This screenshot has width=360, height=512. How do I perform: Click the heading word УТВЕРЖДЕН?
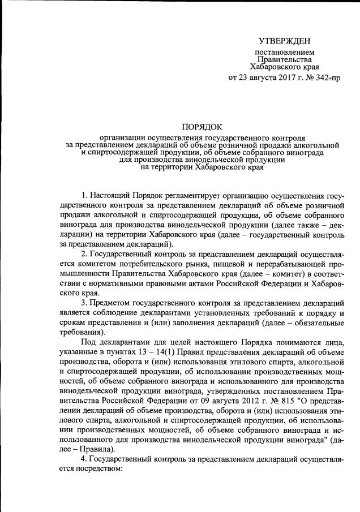[x=284, y=41]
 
